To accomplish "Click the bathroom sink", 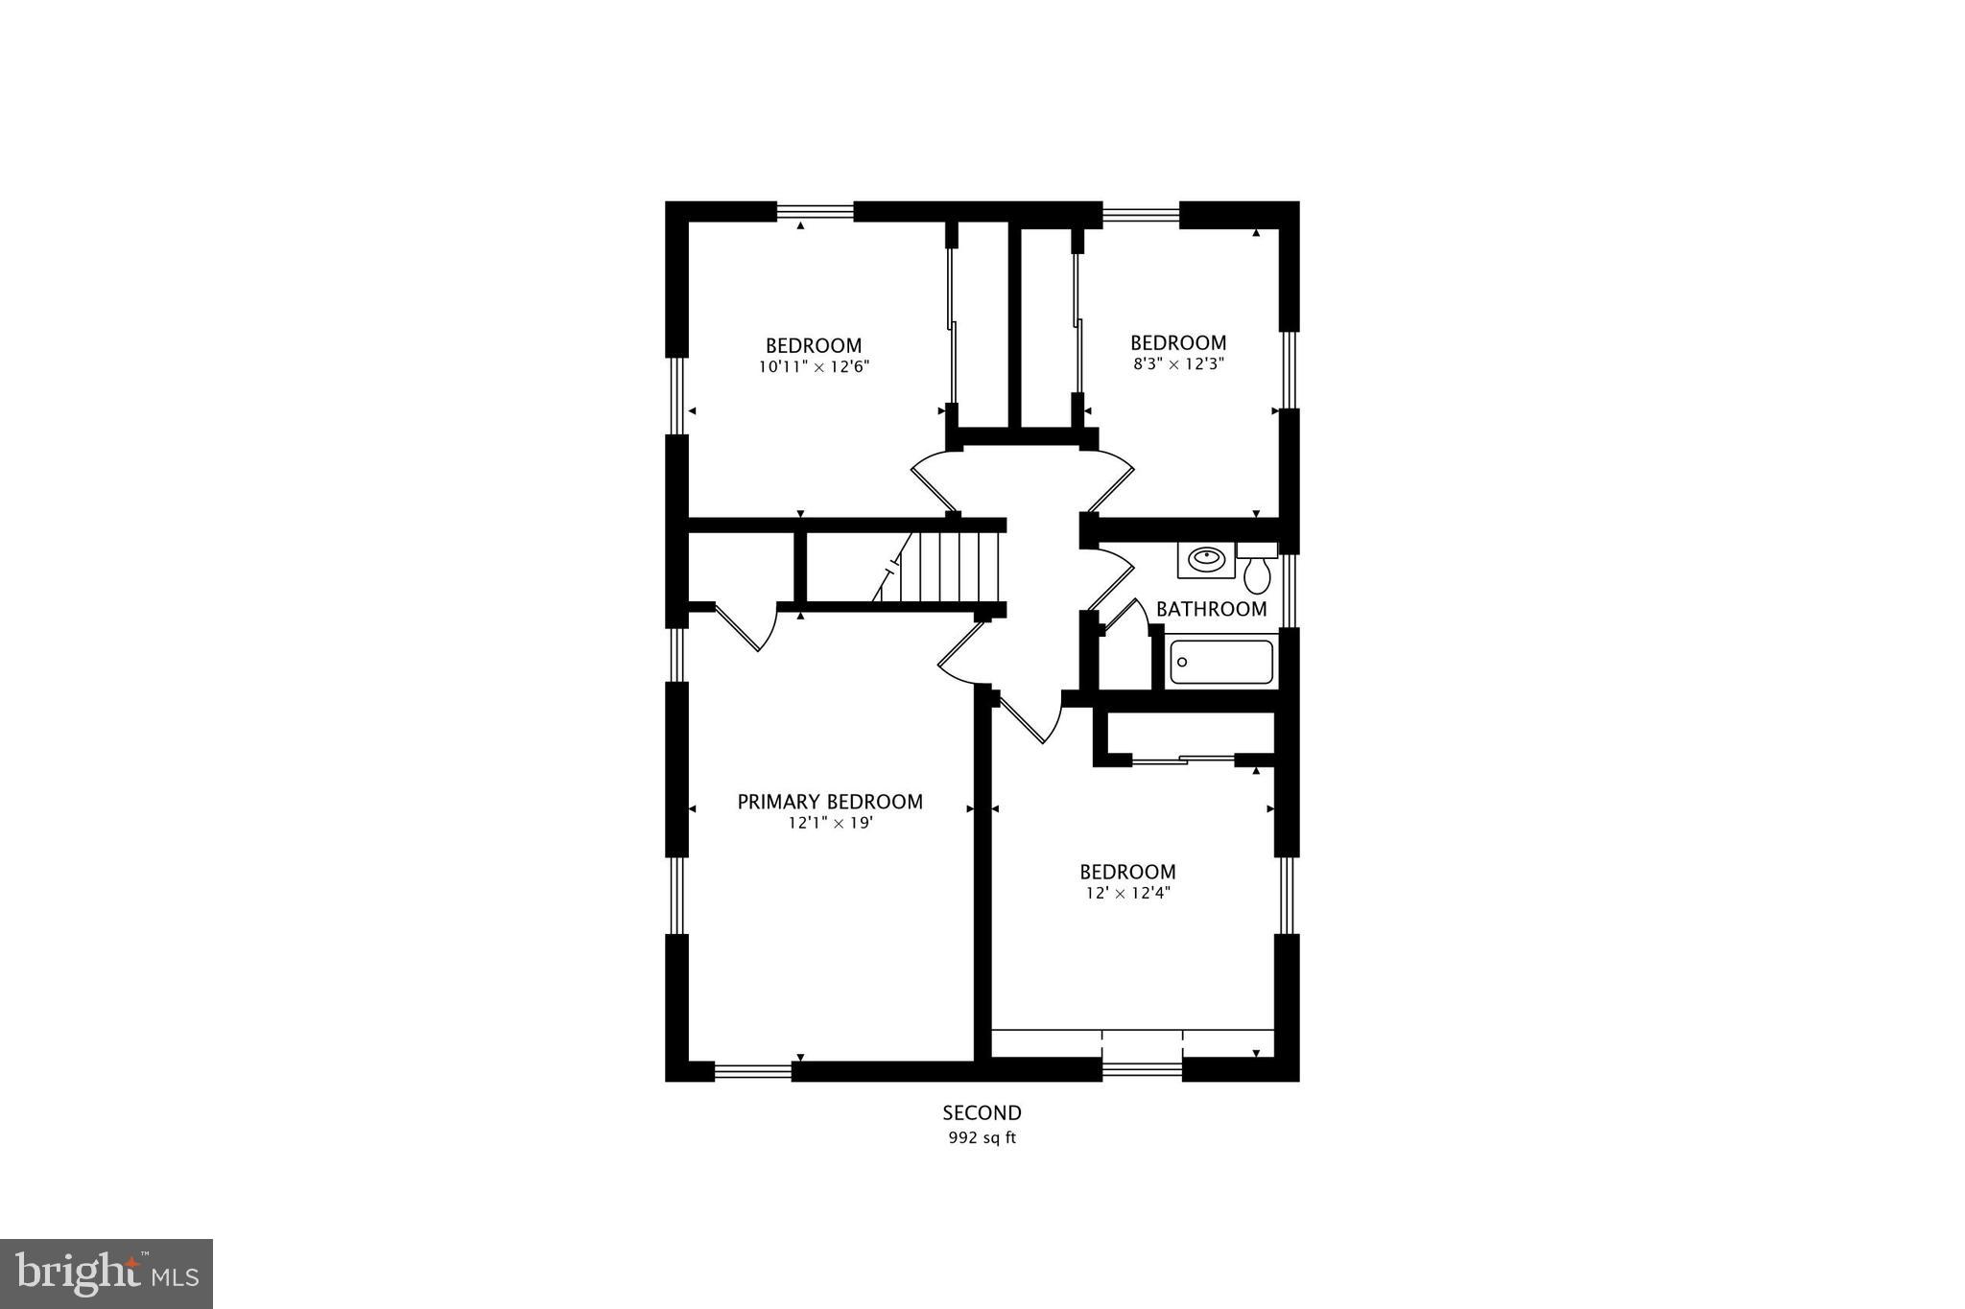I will coord(1206,559).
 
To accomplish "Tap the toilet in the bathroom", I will coord(1257,570).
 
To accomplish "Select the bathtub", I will coord(1221,662).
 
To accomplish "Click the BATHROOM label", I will coord(1211,609).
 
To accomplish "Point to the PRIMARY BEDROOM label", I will coord(830,802).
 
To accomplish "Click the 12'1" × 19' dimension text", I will coord(830,823).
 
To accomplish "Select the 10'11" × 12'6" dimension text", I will coord(814,366).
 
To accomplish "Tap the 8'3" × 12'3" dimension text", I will coord(1178,364).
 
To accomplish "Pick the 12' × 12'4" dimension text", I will coord(1127,893).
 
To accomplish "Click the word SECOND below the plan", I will coord(982,1113).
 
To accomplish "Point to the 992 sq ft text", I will coord(982,1138).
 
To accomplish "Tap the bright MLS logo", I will coord(107,1274).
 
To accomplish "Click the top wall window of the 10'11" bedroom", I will coord(815,211).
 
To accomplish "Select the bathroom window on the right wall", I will coord(1290,591).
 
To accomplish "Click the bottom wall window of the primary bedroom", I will coord(753,1071).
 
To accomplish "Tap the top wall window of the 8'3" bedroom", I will coord(1141,213).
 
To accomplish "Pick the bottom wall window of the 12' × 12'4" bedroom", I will coord(1142,1068).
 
